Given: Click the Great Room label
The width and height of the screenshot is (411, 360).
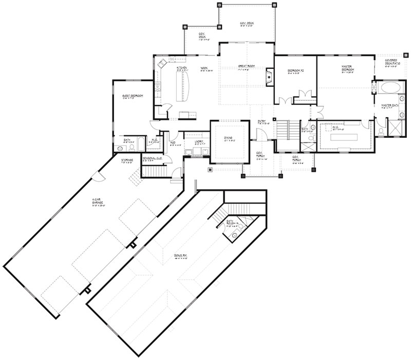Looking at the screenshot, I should [x=247, y=66].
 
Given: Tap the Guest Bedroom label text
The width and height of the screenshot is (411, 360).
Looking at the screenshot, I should [x=132, y=95].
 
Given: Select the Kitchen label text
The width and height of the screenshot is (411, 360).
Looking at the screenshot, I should [x=181, y=68].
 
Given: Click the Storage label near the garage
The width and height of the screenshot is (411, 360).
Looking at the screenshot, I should [x=126, y=160].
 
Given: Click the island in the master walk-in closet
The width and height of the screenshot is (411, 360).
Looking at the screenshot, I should [x=345, y=137].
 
